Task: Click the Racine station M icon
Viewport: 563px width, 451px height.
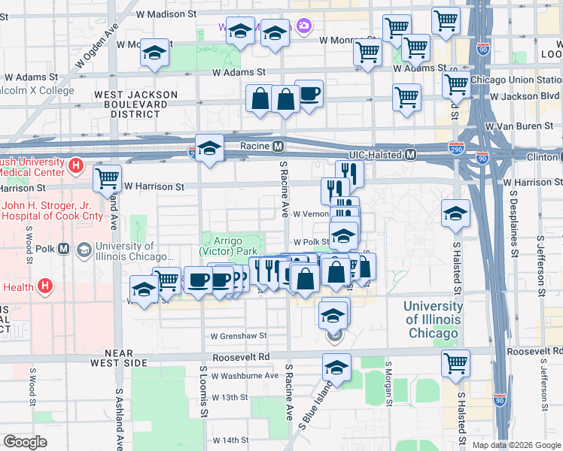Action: [278, 145]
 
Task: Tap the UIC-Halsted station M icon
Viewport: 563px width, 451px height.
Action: [410, 154]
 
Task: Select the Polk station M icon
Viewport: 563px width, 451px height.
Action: [64, 248]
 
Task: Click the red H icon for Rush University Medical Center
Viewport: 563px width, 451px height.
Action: [75, 165]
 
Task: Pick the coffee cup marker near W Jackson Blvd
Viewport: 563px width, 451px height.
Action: [309, 94]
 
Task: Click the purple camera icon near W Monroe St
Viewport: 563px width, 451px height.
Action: [303, 26]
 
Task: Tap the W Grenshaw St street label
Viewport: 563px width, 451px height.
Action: [239, 335]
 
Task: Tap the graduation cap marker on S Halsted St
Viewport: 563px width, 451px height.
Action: [455, 213]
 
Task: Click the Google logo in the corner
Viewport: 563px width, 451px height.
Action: [25, 442]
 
